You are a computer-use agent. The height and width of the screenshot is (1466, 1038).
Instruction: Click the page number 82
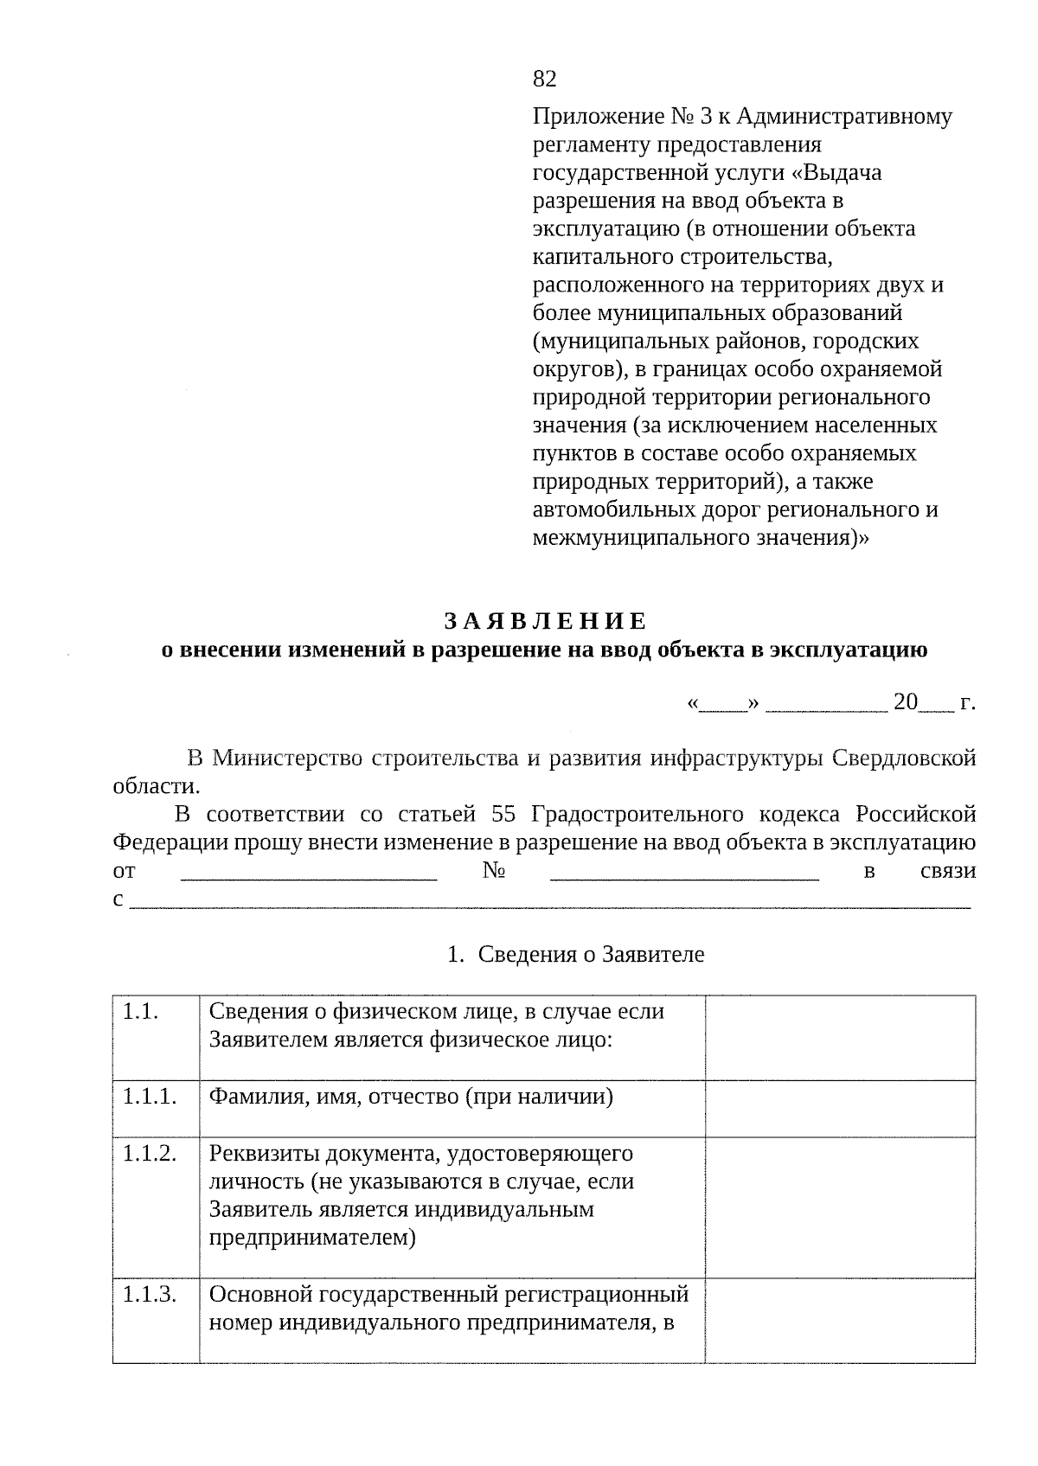coord(544,80)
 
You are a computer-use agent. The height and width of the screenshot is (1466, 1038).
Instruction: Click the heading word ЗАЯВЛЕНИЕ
coord(545,621)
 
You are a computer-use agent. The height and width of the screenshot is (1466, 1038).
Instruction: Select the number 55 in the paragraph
coord(503,814)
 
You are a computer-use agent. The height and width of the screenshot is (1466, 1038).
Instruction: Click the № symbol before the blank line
coord(493,871)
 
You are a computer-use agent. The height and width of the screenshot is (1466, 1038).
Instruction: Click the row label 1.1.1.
coord(150,1097)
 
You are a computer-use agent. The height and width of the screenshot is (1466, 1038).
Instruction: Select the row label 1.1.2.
coord(150,1154)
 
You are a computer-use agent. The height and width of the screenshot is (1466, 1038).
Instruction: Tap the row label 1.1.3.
coord(150,1295)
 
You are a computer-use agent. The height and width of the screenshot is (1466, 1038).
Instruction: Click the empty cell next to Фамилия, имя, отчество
coord(839,1108)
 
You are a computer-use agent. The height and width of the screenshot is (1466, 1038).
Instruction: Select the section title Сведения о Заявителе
coord(590,955)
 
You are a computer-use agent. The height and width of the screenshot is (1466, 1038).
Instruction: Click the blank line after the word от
coord(309,874)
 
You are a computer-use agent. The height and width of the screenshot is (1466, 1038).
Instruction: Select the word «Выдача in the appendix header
coord(837,173)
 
